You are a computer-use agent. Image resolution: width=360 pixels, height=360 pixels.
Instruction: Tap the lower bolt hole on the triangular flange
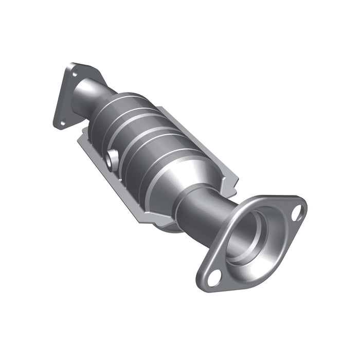(x=61, y=122)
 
